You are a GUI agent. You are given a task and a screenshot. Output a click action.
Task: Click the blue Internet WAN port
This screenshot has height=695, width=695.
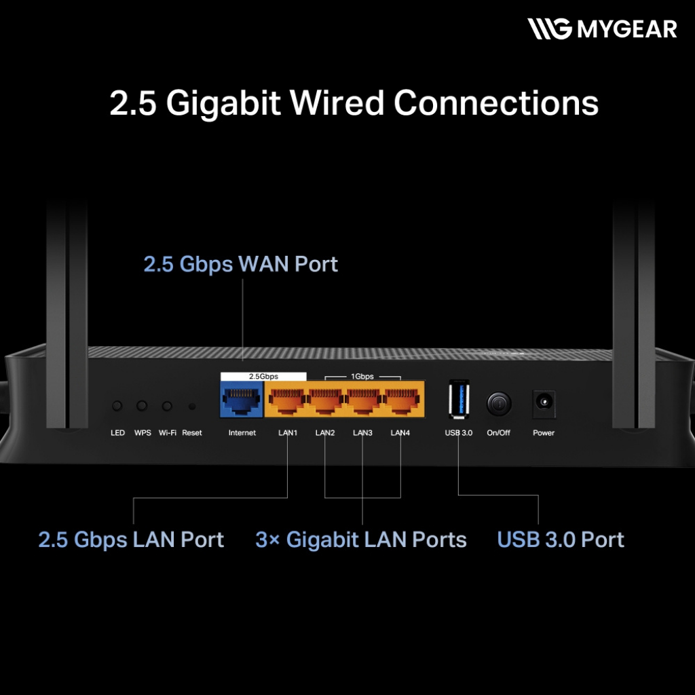[x=242, y=402]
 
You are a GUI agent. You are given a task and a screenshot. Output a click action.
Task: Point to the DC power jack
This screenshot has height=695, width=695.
[x=544, y=403]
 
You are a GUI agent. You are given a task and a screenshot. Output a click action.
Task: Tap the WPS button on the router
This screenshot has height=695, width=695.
[x=142, y=406]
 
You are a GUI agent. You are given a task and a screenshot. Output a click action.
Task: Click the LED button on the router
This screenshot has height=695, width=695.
[x=117, y=406]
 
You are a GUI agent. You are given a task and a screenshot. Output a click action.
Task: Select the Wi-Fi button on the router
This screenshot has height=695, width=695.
[x=167, y=406]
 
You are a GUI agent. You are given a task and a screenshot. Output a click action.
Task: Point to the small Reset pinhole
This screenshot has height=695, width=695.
[x=192, y=407]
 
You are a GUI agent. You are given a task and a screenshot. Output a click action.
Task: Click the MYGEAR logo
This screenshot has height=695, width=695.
[x=603, y=29]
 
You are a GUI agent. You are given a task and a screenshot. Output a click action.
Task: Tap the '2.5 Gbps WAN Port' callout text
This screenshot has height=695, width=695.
[x=240, y=264]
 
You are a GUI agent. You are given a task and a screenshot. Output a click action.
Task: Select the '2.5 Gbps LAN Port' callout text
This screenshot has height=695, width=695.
[x=131, y=540]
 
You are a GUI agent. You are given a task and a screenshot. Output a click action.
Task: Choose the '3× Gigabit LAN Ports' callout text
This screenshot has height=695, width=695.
[x=361, y=540]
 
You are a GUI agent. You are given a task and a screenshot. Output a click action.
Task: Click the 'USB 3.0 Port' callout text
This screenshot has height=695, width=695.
[x=561, y=540]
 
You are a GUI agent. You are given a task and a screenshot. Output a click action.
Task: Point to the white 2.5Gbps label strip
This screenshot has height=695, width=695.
[x=263, y=376]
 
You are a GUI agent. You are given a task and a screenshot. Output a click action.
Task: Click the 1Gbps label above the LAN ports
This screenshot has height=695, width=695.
[x=362, y=376]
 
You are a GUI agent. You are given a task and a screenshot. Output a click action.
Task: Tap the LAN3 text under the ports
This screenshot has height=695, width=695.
[x=362, y=433]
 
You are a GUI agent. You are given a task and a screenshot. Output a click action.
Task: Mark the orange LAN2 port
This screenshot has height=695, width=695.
[x=326, y=402]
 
